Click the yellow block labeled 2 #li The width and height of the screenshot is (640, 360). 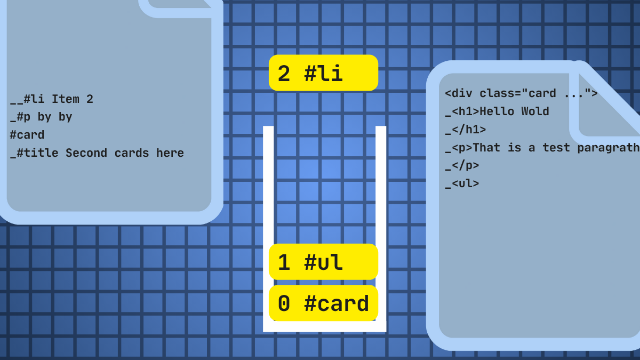tap(323, 73)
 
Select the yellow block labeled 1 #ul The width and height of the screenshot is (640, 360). tap(323, 262)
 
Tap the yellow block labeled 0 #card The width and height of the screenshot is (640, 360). tap(323, 303)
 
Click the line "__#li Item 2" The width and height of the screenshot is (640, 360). tap(52, 99)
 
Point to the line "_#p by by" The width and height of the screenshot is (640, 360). tap(41, 117)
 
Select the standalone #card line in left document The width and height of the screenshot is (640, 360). tap(27, 135)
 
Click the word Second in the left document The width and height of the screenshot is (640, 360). tap(86, 153)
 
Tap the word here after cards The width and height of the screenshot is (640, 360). tap(170, 153)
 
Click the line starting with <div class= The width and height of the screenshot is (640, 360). tap(521, 93)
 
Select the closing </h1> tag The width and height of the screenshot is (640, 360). tap(466, 130)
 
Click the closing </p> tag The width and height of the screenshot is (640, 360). tap(462, 165)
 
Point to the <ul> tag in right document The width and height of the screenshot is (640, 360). tap(462, 183)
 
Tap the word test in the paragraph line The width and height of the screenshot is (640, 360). tap(556, 148)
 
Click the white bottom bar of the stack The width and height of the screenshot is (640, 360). tap(325, 326)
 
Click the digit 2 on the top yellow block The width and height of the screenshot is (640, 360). tap(284, 74)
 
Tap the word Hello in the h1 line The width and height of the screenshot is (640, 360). tap(497, 111)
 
